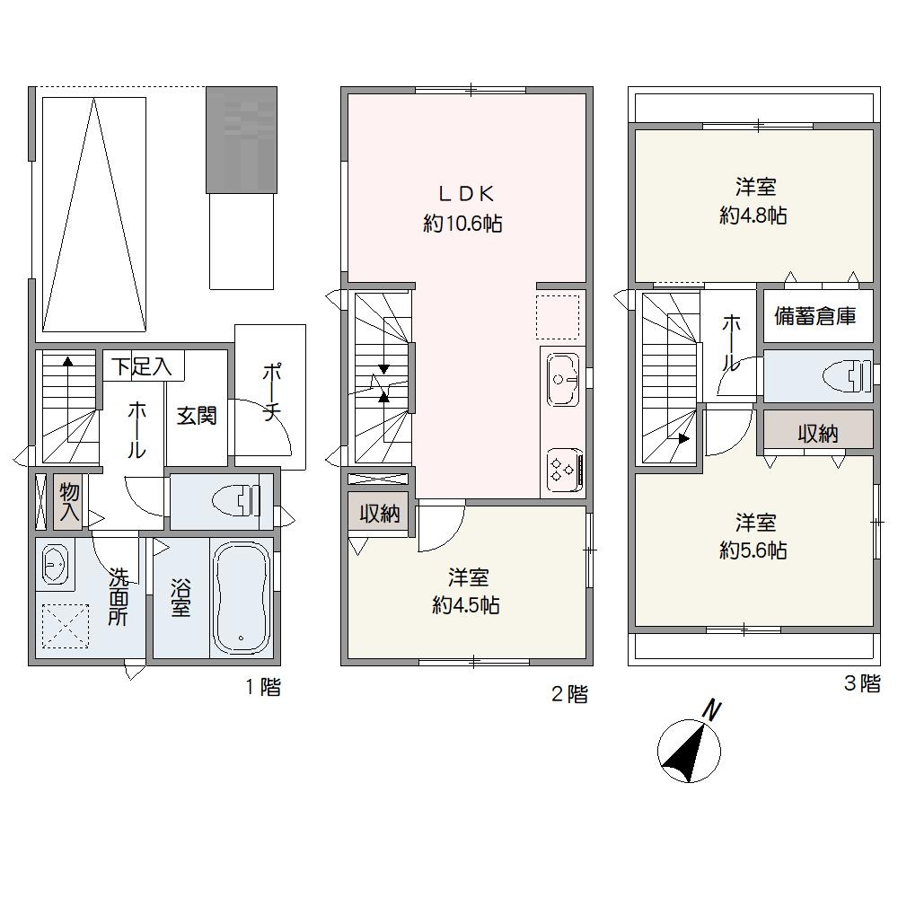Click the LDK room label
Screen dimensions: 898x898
click(465, 194)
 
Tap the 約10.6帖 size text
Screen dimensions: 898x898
click(462, 223)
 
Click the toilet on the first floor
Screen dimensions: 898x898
click(235, 499)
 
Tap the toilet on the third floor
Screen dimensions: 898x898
click(847, 376)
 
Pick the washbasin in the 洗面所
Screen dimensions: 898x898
click(55, 564)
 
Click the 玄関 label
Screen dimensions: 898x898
click(197, 415)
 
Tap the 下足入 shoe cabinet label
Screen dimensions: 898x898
click(142, 366)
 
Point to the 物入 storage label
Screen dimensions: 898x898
click(69, 501)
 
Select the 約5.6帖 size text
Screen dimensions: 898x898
click(753, 550)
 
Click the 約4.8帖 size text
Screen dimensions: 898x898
click(753, 216)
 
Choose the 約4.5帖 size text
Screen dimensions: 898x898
click(465, 604)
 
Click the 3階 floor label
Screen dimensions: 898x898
click(861, 683)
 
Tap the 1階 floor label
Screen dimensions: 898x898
click(263, 687)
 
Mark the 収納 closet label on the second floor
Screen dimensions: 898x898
click(380, 514)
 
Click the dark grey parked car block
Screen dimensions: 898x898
click(242, 140)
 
